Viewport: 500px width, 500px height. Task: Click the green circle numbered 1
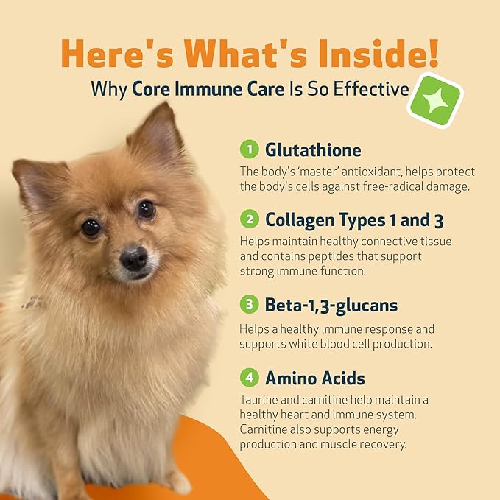250,150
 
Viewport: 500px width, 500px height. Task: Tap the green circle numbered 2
250,219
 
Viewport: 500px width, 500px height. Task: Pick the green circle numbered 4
250,378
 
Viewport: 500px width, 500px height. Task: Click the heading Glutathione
313,150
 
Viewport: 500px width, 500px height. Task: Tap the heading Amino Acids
314,378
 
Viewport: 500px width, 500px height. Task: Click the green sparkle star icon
434,101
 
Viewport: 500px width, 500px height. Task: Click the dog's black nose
133,257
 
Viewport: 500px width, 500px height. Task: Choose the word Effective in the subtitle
373,89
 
